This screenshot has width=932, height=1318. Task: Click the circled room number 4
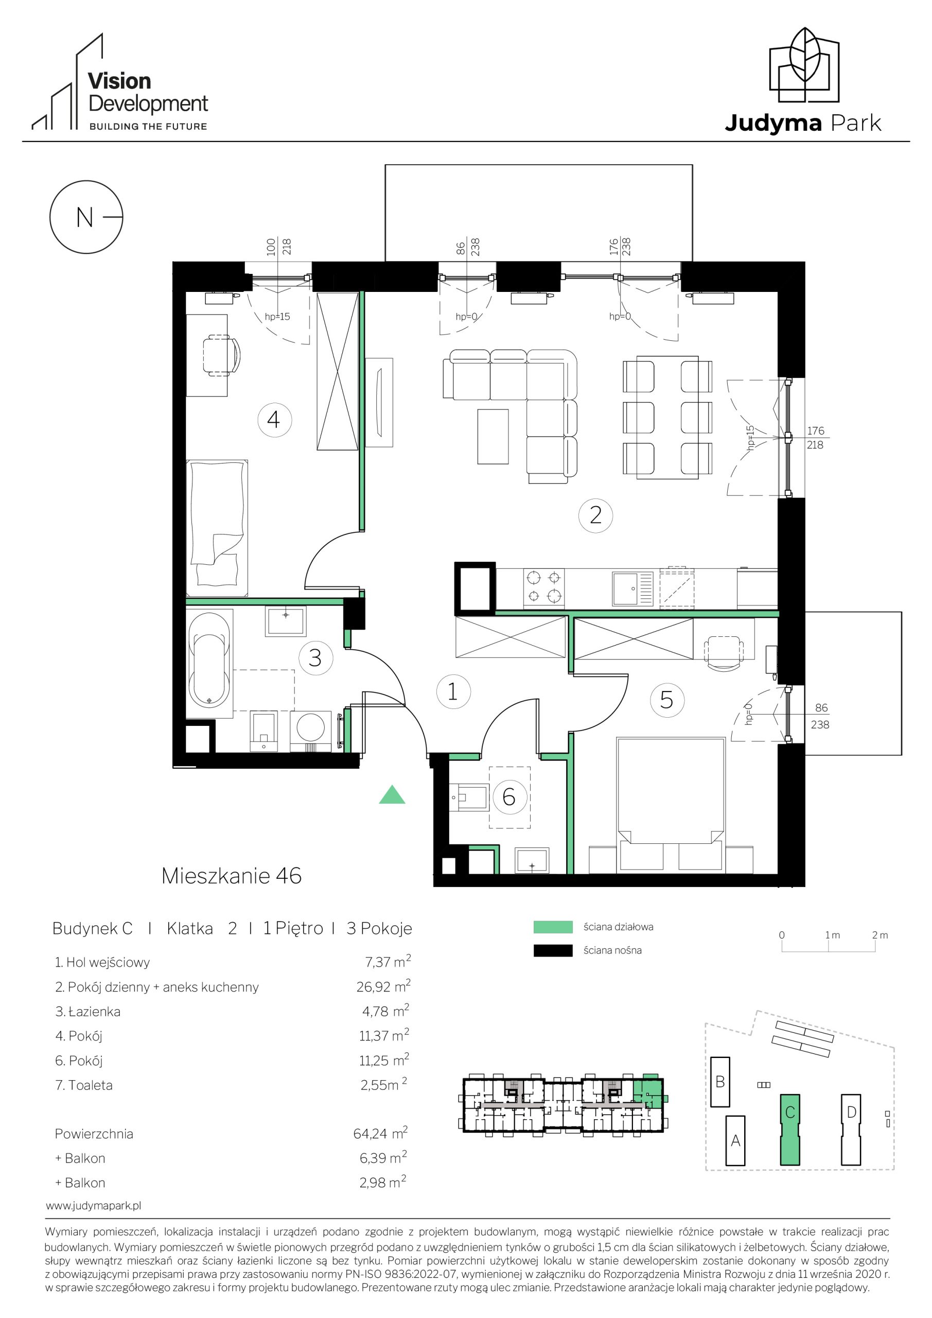click(x=275, y=420)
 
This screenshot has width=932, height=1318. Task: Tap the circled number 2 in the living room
click(x=596, y=514)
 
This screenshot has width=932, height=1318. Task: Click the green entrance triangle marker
click(x=392, y=794)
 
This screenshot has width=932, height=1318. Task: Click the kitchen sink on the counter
click(x=632, y=588)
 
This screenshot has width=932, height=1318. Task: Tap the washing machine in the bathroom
click(x=310, y=730)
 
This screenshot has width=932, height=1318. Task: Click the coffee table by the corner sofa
click(x=493, y=436)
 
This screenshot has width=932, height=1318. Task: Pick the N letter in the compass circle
click(x=84, y=218)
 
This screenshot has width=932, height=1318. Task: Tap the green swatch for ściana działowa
click(x=553, y=927)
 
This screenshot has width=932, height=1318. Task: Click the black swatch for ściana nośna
click(x=553, y=950)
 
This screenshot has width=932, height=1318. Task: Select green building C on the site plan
click(x=790, y=1130)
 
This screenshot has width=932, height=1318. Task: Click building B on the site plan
click(x=720, y=1082)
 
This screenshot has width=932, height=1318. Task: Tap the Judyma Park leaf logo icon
click(x=804, y=64)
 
